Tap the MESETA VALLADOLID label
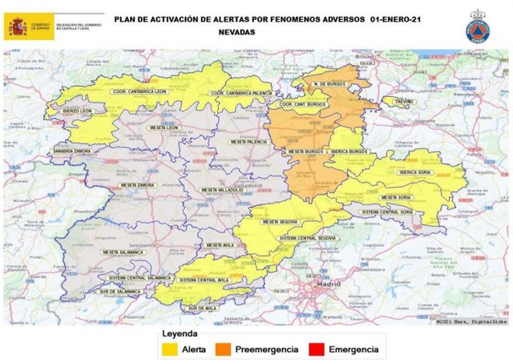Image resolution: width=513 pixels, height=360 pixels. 221,190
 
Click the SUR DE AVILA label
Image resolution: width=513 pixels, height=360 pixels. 202,308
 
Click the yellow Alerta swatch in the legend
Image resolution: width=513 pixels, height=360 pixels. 170,350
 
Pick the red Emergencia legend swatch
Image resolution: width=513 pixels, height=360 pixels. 317,350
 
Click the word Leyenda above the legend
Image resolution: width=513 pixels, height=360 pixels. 180,334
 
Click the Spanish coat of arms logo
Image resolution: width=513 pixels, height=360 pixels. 18,26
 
